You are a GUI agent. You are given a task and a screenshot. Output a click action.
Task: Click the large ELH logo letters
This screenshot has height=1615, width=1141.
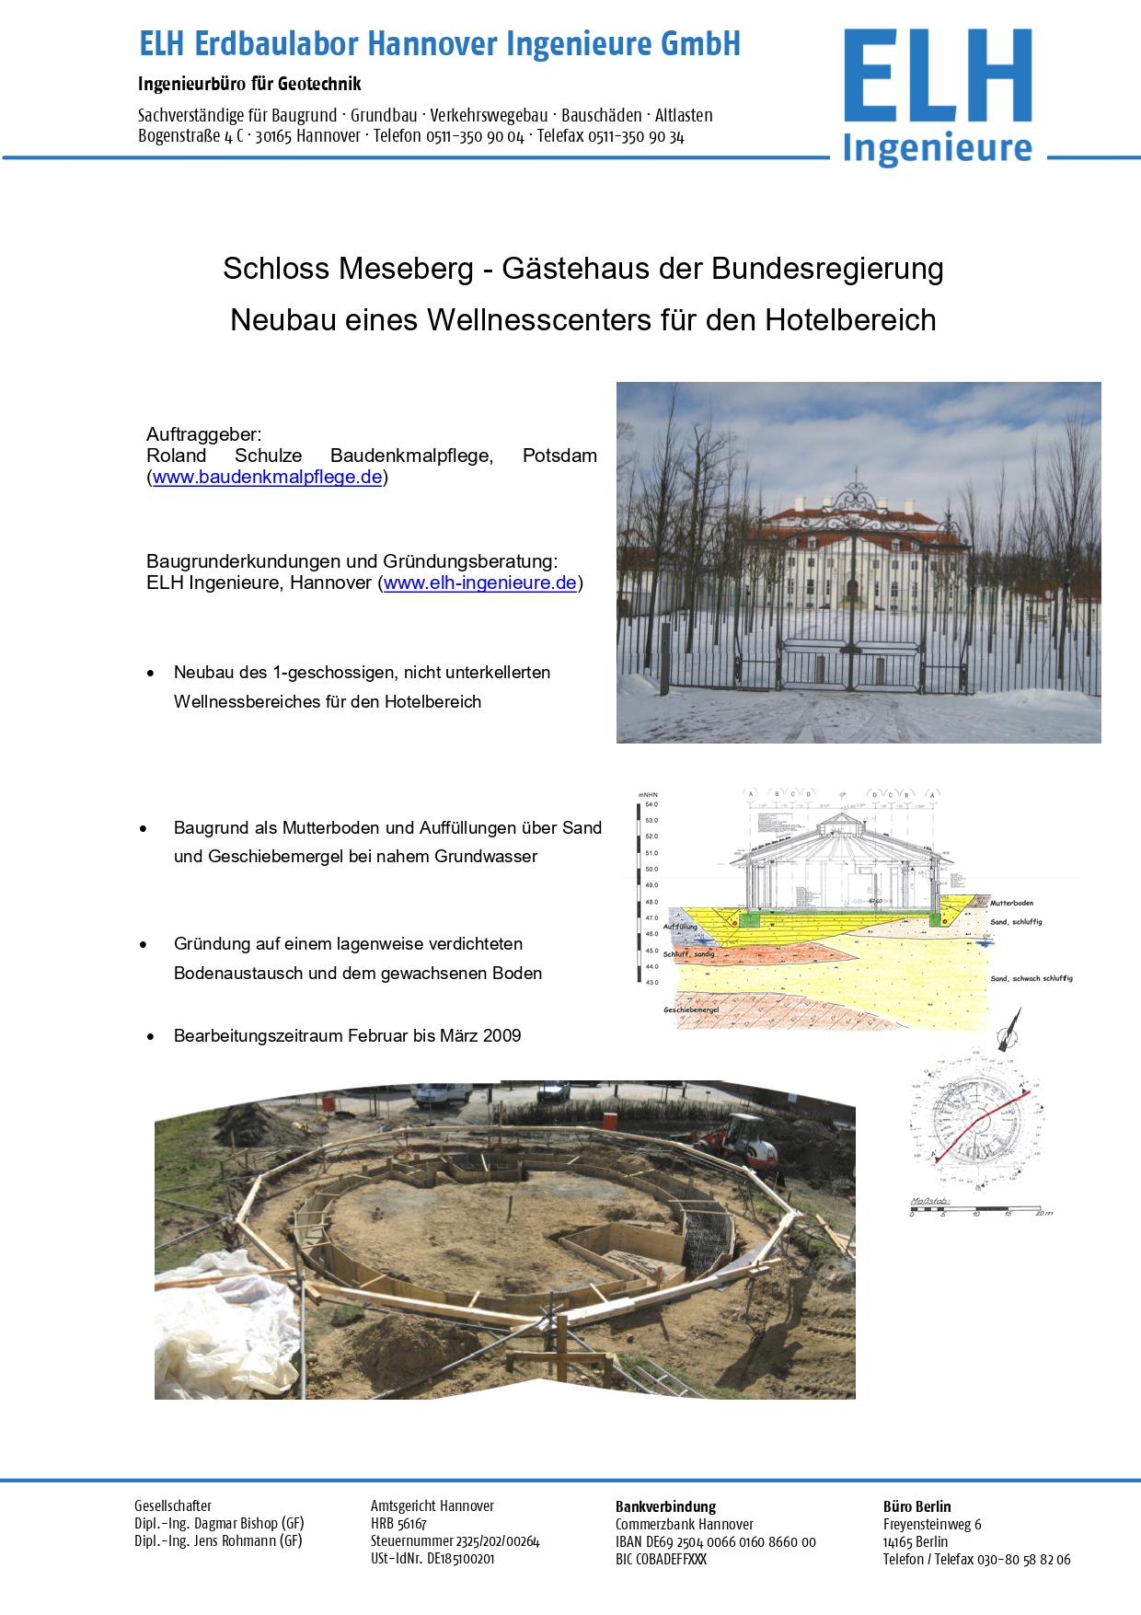(x=937, y=77)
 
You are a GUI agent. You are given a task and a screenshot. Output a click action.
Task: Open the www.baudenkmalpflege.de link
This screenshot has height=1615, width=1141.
(x=267, y=478)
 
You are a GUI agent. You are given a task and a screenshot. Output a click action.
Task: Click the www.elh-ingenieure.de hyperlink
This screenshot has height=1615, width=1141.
(x=479, y=583)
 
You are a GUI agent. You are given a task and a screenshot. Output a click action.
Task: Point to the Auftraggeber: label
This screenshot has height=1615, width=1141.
(x=203, y=434)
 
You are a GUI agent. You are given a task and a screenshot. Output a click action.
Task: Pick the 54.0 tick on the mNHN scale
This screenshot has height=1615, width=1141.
(x=651, y=805)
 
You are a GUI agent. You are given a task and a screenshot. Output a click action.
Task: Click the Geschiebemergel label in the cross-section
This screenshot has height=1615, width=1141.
(x=691, y=1010)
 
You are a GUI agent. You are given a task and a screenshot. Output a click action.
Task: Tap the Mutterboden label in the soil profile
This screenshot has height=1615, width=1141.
(x=1012, y=904)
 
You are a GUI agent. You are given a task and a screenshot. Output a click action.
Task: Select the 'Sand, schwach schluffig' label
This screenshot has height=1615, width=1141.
(x=1032, y=979)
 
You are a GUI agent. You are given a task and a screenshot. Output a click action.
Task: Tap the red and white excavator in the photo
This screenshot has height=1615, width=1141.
(x=743, y=1140)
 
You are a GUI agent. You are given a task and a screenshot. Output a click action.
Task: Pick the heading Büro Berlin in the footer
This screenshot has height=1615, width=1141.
(x=916, y=1507)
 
